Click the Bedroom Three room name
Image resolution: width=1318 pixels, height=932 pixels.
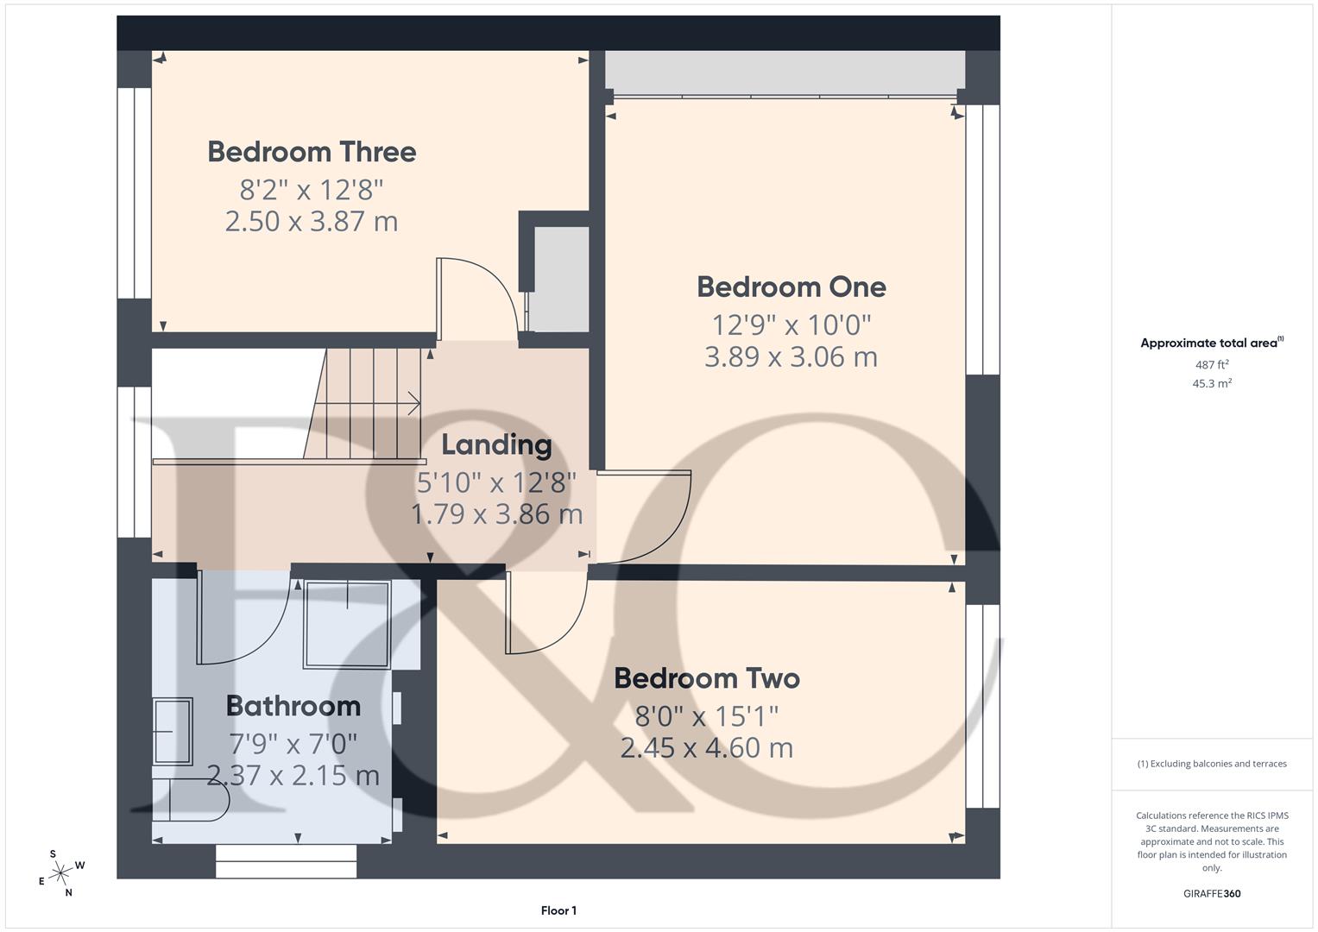(x=312, y=152)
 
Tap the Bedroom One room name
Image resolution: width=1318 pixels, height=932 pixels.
(x=791, y=287)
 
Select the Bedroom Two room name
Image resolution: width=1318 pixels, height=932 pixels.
(x=706, y=678)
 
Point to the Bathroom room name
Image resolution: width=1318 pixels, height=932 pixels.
(x=293, y=706)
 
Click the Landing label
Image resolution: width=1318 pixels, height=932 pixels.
(x=496, y=444)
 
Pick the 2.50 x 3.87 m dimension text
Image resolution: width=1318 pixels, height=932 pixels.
(x=312, y=221)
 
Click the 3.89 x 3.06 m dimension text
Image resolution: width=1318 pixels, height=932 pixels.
(x=791, y=356)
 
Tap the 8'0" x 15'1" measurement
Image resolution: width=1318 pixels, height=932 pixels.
(x=706, y=715)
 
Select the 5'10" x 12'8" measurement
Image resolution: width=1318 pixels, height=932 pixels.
(x=496, y=482)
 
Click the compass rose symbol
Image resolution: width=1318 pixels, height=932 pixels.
(x=60, y=873)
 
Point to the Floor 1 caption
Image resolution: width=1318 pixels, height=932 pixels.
(x=558, y=910)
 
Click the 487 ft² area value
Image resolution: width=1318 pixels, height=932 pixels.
(x=1211, y=365)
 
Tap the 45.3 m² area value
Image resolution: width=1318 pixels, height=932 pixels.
(x=1211, y=383)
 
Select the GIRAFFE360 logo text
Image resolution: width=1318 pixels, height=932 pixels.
(x=1211, y=893)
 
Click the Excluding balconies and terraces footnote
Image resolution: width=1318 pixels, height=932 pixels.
(x=1211, y=764)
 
